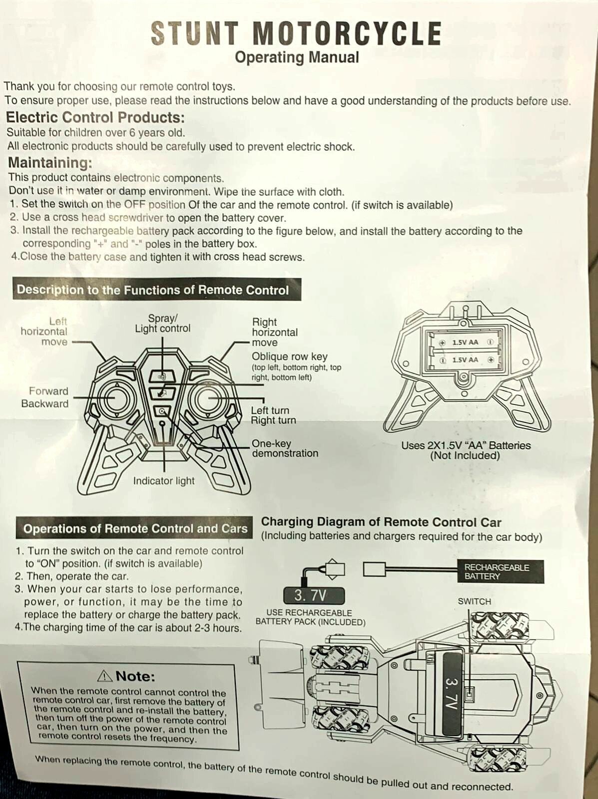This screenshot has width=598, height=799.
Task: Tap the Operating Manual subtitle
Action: [297, 57]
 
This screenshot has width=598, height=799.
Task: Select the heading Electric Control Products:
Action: [95, 117]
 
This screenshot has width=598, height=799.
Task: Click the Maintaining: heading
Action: [50, 163]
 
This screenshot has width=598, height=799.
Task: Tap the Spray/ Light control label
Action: [162, 324]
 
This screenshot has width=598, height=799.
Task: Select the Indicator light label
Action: [163, 481]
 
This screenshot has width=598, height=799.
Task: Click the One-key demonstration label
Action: [285, 448]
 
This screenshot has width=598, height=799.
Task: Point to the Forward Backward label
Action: [45, 398]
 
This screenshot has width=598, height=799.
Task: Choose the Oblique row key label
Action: [290, 357]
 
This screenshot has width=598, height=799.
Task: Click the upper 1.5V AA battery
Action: [465, 343]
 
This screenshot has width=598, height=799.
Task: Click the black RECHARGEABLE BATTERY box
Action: [501, 572]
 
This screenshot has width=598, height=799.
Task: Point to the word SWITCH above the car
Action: [474, 601]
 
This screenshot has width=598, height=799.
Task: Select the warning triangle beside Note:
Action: [105, 676]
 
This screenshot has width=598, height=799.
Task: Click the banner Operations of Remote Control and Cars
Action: [135, 528]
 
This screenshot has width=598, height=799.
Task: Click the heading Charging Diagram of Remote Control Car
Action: [381, 522]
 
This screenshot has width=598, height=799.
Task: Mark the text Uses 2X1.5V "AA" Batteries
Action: [466, 445]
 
